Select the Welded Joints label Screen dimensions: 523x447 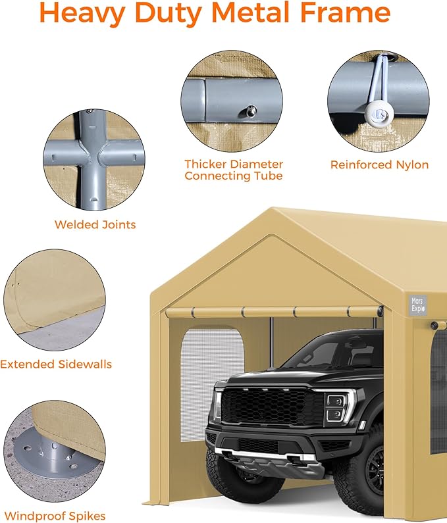[95, 225]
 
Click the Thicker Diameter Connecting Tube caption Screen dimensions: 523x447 [233, 170]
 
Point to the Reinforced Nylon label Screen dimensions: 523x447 [379, 164]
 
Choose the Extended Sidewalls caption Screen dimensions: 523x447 [56, 364]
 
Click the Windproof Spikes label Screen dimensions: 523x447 [54, 516]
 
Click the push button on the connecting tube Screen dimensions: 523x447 [251, 111]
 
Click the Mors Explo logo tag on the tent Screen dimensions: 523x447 [417, 304]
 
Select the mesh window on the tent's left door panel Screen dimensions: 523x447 [212, 384]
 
